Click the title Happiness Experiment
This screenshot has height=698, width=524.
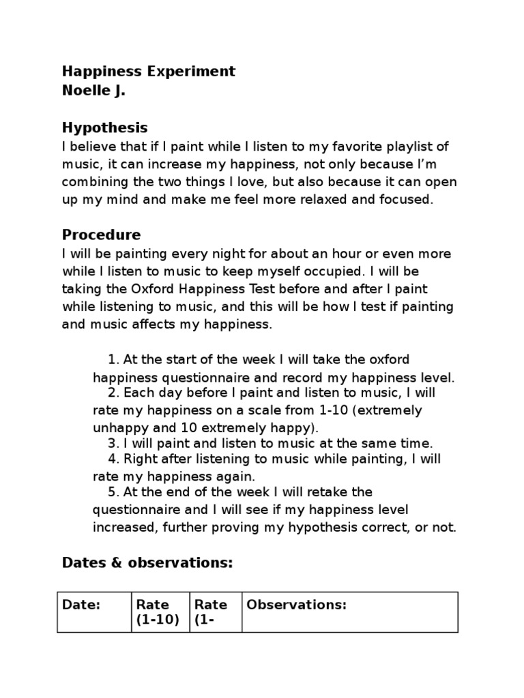click(x=149, y=72)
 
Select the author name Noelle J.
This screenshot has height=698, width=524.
click(x=94, y=91)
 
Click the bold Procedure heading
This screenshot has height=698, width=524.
click(x=101, y=235)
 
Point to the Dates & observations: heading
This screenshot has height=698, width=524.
click(x=147, y=563)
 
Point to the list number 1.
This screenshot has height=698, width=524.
click(x=112, y=359)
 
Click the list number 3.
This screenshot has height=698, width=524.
click(x=112, y=443)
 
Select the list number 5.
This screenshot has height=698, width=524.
click(x=112, y=492)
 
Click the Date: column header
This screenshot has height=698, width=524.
click(x=81, y=605)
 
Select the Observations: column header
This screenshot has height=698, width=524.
click(x=297, y=605)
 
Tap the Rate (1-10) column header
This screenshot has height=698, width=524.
click(x=158, y=612)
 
